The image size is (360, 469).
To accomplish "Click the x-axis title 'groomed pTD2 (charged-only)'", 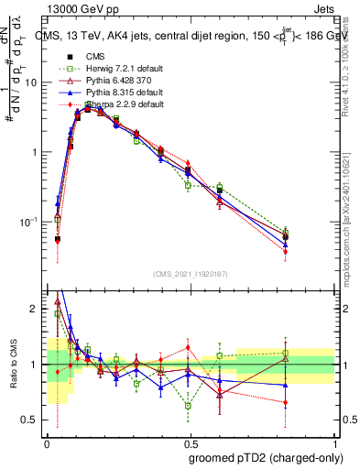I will pyautogui.click(x=265, y=458).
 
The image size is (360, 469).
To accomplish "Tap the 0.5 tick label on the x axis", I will pyautogui.click(x=190, y=442).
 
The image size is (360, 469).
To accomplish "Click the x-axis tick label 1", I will pyautogui.click(x=333, y=442).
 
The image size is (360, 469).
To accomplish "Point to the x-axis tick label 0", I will pyautogui.click(x=47, y=442).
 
